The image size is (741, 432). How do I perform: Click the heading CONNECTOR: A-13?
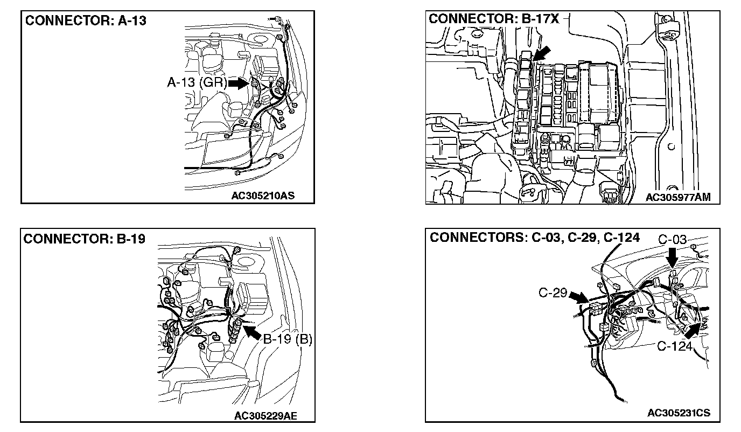point(86,21)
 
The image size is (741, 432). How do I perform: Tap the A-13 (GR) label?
point(197,83)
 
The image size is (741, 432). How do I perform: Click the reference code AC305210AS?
point(263,196)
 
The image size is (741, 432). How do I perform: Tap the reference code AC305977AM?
point(678,198)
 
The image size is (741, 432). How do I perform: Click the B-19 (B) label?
point(288,339)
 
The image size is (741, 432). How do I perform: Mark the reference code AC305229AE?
point(266,415)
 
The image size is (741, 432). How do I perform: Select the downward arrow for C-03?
point(673,258)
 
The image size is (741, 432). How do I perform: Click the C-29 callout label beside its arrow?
point(553,293)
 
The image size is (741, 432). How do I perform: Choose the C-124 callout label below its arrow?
point(674,346)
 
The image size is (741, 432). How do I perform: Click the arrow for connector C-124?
point(695,330)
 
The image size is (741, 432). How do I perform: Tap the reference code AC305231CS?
point(679,413)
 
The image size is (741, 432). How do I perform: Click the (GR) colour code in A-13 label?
point(215,83)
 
